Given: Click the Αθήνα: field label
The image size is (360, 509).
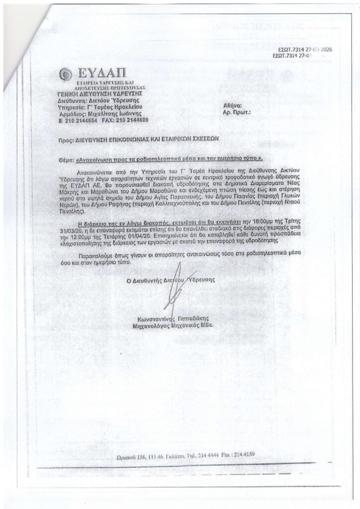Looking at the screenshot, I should [233, 105].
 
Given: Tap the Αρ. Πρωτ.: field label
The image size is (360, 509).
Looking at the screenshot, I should [237, 112].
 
